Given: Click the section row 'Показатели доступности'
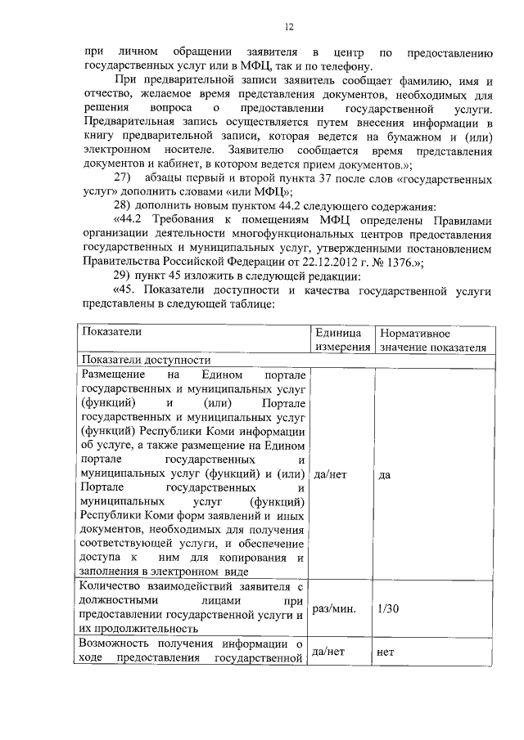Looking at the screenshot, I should [146, 360].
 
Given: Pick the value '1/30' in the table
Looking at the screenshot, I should [390, 609].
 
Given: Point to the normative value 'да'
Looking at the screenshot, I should [385, 474].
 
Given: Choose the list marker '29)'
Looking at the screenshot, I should [122, 276].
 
